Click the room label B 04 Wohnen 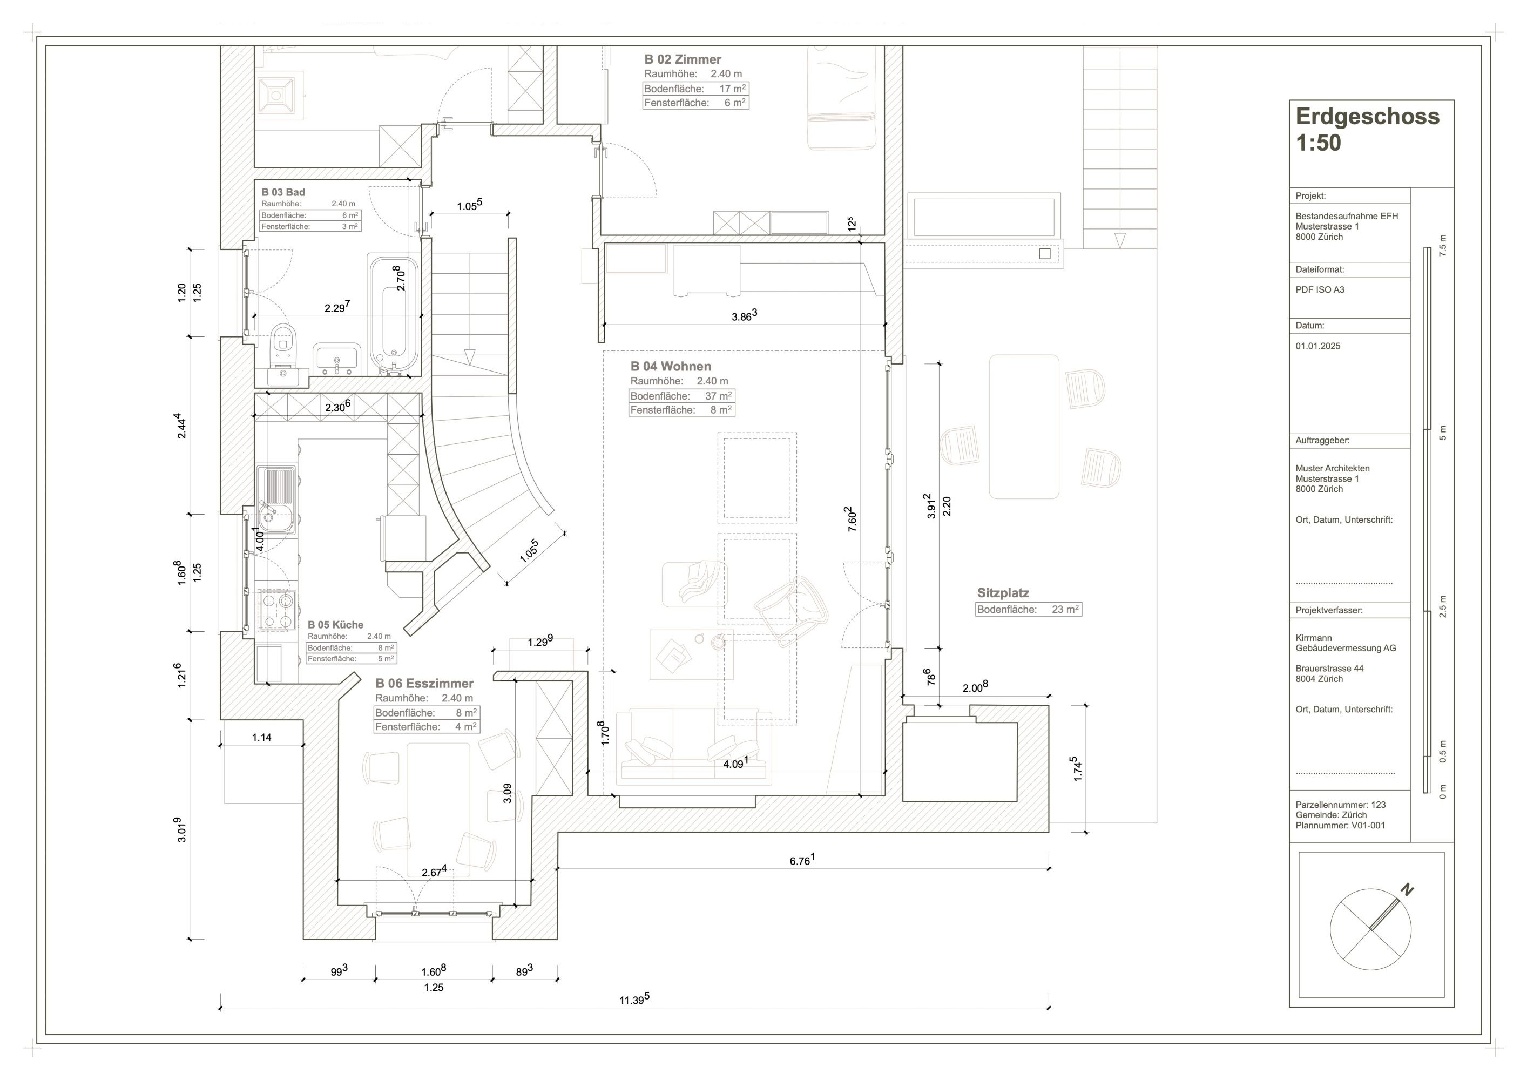[671, 367]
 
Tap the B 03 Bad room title [283, 192]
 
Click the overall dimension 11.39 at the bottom [633, 1000]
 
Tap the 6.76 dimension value [801, 861]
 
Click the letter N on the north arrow [1407, 890]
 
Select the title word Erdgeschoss [1367, 117]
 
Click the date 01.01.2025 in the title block [1317, 346]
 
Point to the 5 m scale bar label [1443, 433]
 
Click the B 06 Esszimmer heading [424, 684]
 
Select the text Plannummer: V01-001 [1340, 825]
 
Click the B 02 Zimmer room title [683, 59]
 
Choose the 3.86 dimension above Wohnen [744, 316]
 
